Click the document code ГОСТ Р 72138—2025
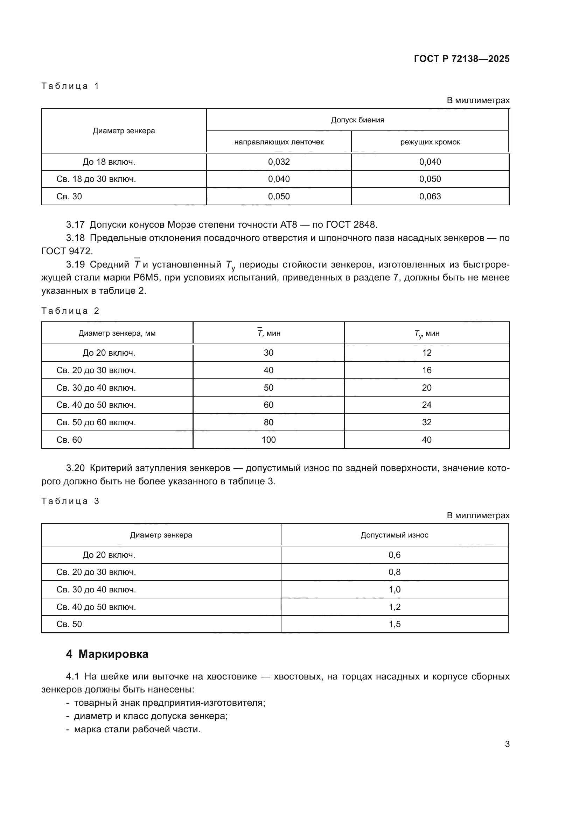coord(461,59)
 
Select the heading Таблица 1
coord(70,86)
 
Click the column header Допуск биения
coord(357,120)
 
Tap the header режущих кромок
coord(430,142)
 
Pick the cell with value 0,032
coord(279,162)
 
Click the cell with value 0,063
coord(430,197)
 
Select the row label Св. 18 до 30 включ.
coord(96,179)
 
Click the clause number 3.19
coord(75,265)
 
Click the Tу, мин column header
coord(426,334)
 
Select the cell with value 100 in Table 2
coord(268,440)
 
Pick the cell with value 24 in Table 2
coord(426,405)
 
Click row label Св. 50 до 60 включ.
coord(96,422)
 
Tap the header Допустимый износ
coord(394,535)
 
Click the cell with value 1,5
coord(394,624)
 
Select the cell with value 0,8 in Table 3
coord(394,572)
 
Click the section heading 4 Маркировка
coord(107,654)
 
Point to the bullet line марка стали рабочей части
coord(137,729)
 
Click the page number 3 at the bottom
coord(507,744)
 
